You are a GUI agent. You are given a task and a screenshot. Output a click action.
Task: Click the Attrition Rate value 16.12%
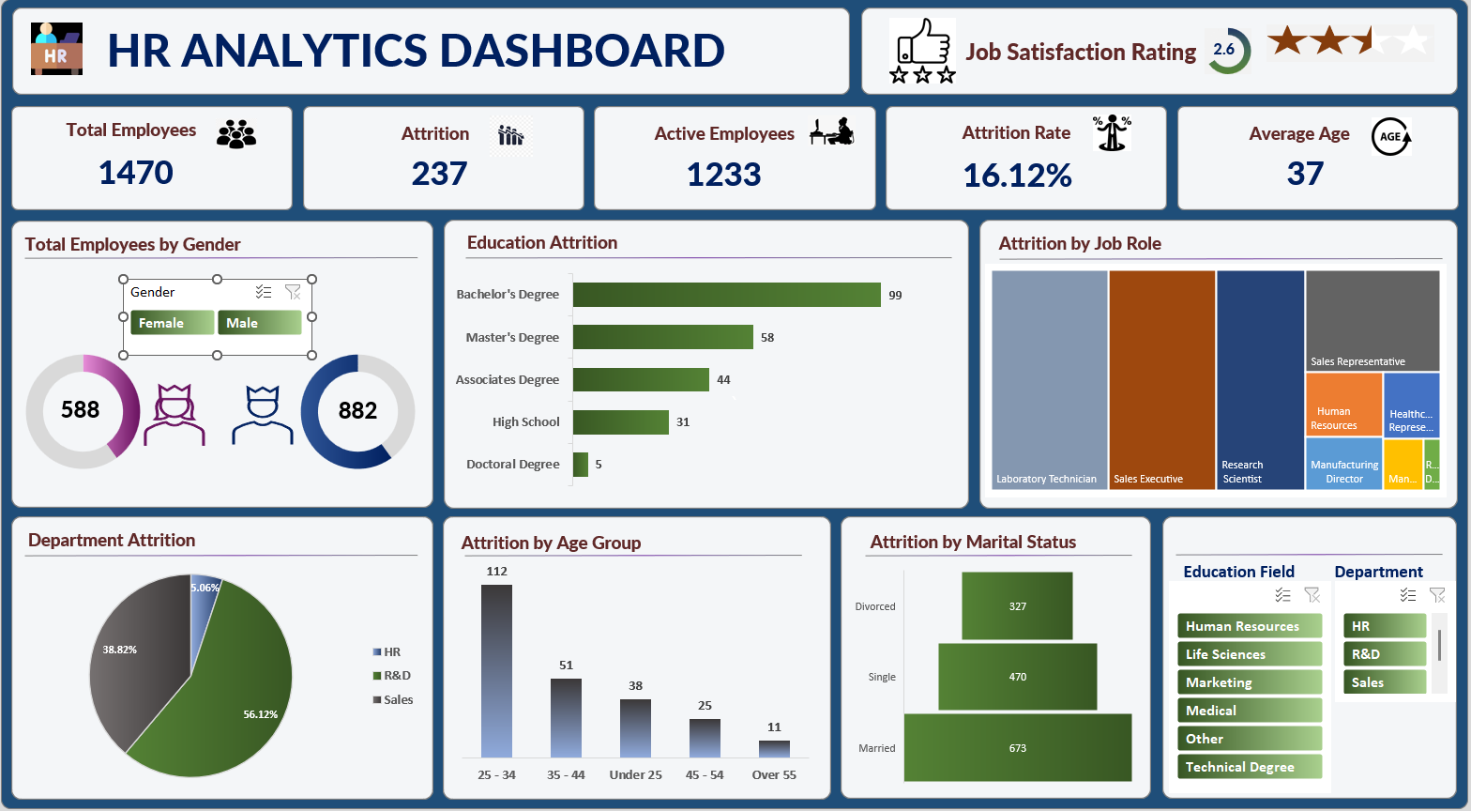[x=1017, y=176]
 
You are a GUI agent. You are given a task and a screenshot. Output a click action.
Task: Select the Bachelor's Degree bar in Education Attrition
[x=726, y=295]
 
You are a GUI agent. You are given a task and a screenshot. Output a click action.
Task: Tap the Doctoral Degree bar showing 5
[x=581, y=465]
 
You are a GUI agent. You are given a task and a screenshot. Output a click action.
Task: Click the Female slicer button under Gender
[x=172, y=323]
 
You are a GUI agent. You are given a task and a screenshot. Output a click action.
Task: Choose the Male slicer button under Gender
[x=259, y=323]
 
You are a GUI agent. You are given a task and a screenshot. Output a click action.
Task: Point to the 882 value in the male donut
[x=357, y=410]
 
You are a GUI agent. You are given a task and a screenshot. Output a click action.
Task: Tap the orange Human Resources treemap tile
[x=1343, y=404]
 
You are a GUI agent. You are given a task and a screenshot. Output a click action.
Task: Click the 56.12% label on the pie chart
[x=260, y=714]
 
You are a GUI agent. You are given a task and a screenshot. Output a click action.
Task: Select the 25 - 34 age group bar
[x=496, y=670]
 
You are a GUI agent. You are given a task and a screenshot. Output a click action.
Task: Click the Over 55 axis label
[x=774, y=774]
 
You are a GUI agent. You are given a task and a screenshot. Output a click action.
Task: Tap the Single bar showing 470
[x=1017, y=677]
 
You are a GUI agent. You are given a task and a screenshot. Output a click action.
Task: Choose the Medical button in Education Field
[x=1249, y=711]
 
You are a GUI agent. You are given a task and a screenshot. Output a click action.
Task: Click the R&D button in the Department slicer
[x=1384, y=654]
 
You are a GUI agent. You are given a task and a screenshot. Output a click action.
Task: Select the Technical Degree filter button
[x=1249, y=767]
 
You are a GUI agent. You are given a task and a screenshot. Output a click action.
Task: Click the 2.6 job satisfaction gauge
[x=1224, y=51]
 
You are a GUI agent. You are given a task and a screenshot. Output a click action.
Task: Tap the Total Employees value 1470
[x=136, y=173]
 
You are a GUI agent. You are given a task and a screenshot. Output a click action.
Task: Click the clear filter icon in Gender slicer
[x=293, y=292]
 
